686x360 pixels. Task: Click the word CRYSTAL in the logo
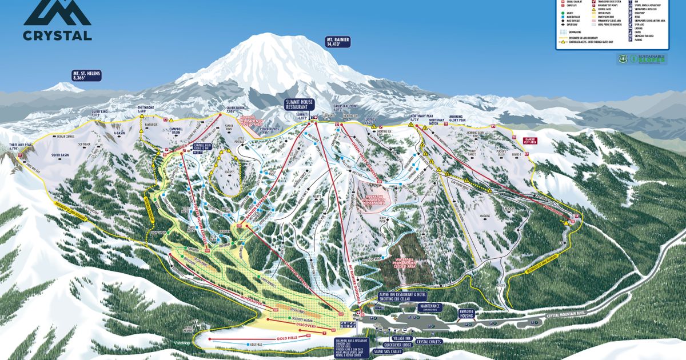57,35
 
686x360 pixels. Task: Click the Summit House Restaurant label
301,104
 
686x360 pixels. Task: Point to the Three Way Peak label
21,146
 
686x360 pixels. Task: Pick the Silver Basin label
60,155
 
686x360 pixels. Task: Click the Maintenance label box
430,307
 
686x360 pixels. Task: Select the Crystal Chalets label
430,342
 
